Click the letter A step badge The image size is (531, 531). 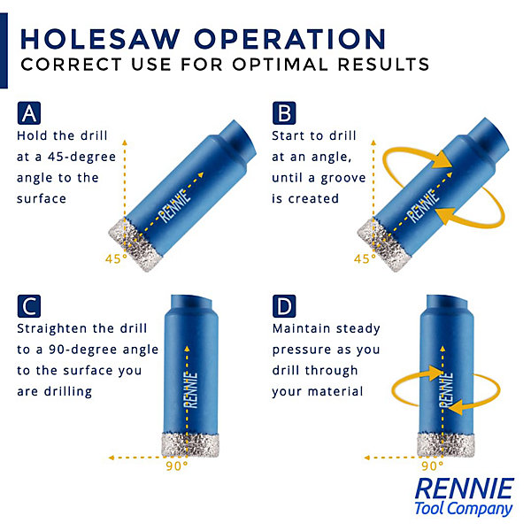pos(29,113)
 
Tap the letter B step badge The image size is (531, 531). pos(284,113)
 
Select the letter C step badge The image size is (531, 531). pos(29,306)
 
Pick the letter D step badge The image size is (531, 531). pos(284,306)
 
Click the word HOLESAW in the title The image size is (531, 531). pos(100,39)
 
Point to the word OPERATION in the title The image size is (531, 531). pos(290,39)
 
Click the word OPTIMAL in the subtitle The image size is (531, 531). pos(281,65)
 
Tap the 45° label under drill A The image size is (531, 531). pos(116,258)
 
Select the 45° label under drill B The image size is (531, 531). pos(365,258)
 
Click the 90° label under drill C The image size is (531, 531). pos(177,466)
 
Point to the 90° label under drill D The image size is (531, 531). pos(432,466)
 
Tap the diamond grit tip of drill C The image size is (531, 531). pos(190,444)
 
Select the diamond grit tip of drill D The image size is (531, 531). pos(446,444)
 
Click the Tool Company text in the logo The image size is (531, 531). pos(463,509)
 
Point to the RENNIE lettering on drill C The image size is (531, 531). pos(191,390)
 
